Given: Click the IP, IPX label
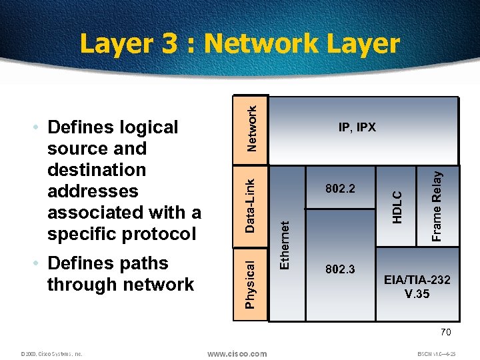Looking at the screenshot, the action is point(357,127).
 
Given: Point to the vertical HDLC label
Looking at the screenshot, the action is point(397,207).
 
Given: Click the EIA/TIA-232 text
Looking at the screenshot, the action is point(417,280).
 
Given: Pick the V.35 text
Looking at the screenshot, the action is point(417,293).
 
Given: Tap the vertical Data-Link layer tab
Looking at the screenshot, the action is point(251,205).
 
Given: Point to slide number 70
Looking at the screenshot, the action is point(446,332).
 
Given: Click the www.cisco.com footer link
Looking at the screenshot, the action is point(237,354).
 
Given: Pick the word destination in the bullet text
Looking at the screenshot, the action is point(97,170).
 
